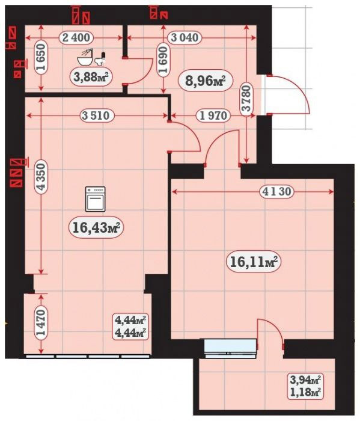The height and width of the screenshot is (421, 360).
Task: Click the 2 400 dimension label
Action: (x=76, y=37)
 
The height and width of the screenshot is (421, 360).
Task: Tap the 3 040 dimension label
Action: (x=185, y=37)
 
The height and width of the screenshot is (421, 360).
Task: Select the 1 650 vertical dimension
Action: (x=41, y=57)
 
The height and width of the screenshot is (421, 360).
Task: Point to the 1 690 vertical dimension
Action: (x=163, y=60)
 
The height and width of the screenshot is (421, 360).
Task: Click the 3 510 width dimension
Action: (x=96, y=115)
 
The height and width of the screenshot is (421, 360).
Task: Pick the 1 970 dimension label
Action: (x=214, y=115)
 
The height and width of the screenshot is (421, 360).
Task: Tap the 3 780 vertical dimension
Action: (x=246, y=98)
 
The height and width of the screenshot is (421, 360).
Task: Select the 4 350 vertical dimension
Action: (x=41, y=177)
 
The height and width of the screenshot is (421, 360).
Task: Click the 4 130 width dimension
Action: (x=277, y=191)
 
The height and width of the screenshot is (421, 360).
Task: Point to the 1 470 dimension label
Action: (x=41, y=323)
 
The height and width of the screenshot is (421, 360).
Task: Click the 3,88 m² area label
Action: (x=91, y=78)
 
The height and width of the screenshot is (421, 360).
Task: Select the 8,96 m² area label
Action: (x=205, y=80)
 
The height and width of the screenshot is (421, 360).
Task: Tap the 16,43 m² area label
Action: (x=96, y=228)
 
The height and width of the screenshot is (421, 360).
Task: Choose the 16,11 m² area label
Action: (x=254, y=262)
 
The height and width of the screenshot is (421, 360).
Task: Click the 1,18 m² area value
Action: (x=306, y=392)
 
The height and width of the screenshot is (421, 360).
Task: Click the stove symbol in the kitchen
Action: (x=95, y=198)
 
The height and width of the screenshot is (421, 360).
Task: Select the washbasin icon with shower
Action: (x=85, y=57)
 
